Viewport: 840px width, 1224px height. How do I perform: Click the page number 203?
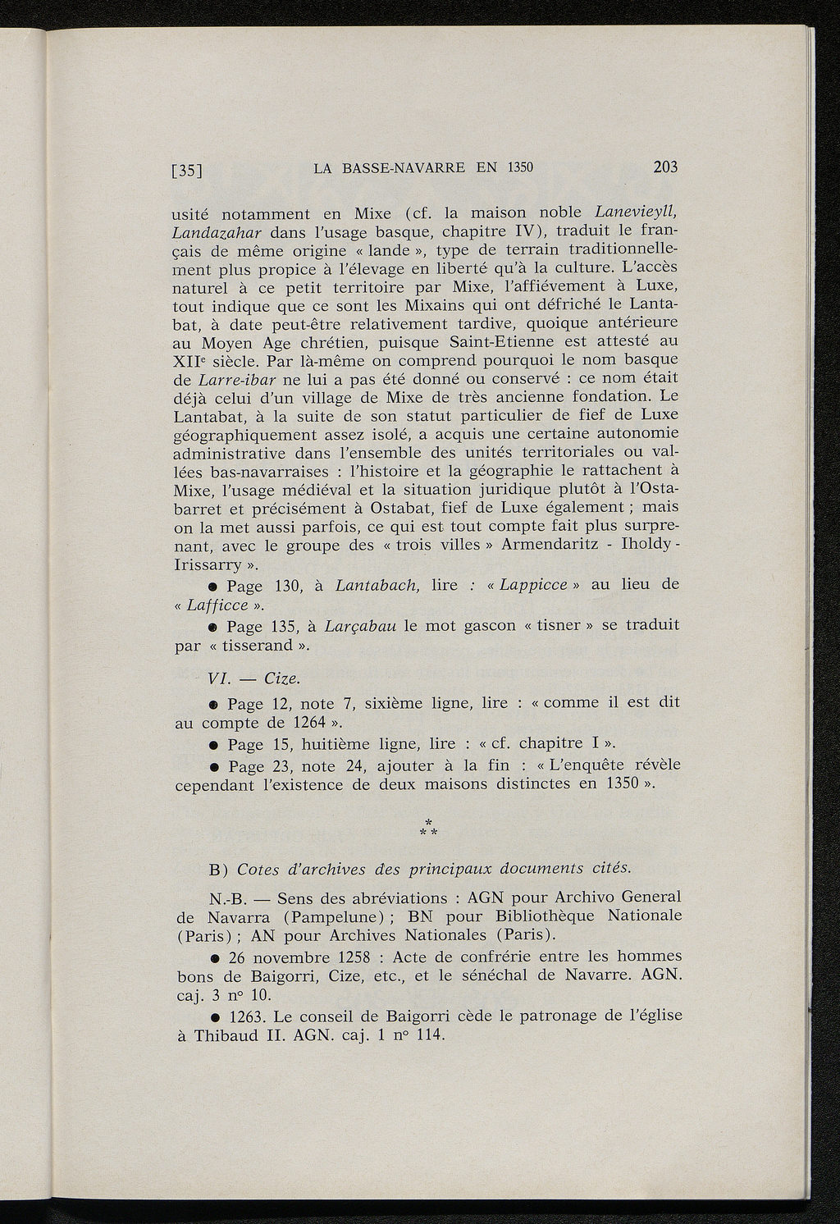point(665,167)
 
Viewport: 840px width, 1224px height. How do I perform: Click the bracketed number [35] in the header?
point(187,171)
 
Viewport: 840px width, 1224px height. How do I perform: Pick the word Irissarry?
point(210,565)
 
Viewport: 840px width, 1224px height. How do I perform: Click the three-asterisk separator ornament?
point(427,829)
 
